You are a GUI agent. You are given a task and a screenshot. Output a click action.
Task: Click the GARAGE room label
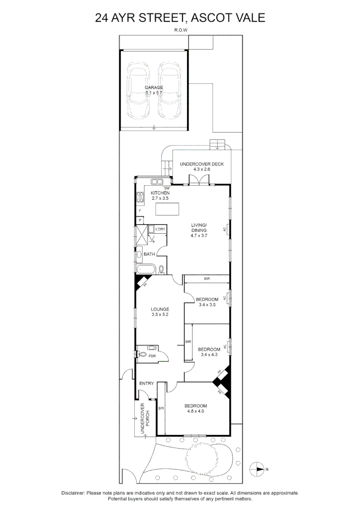click(154, 88)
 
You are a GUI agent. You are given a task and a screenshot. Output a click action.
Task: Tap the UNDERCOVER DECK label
click(202, 164)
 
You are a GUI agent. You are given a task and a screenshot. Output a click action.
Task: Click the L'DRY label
click(161, 229)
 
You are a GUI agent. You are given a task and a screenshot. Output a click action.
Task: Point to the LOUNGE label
click(160, 309)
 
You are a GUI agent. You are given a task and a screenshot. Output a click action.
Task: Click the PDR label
click(152, 356)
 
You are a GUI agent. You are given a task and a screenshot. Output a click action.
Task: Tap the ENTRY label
click(147, 383)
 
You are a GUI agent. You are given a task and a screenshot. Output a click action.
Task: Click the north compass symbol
click(258, 469)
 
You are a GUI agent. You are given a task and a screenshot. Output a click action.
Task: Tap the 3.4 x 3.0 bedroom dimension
click(207, 304)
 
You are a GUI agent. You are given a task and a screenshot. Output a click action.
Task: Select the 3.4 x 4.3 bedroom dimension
click(209, 354)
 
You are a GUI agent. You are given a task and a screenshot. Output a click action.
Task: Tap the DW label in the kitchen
click(167, 189)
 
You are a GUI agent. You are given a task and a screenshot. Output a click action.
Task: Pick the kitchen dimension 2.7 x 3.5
click(160, 198)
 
